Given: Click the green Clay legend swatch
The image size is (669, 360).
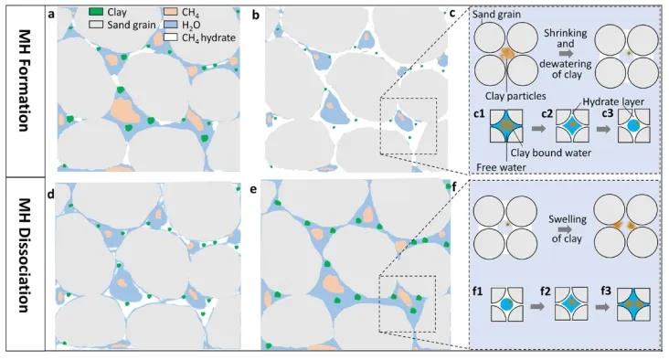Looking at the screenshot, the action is click(x=97, y=12).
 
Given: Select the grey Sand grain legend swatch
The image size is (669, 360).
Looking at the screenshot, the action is click(x=97, y=25).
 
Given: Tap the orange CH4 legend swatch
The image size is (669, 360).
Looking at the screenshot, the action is click(x=171, y=12).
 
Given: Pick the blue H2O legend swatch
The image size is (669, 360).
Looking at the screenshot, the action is click(x=171, y=25).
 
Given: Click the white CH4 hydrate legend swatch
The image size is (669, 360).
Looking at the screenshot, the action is click(x=171, y=37).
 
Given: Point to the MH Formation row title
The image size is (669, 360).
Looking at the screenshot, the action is click(x=25, y=80).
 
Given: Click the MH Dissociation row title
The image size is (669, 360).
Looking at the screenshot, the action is click(x=25, y=255).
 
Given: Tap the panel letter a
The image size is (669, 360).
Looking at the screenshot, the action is click(x=51, y=15).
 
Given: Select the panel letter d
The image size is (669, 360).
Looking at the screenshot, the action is click(x=51, y=194).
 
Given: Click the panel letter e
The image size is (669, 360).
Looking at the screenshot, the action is click(x=254, y=189).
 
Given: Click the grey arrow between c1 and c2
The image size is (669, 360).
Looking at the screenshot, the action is click(x=539, y=128).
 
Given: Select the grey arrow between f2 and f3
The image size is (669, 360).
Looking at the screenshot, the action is click(x=602, y=306).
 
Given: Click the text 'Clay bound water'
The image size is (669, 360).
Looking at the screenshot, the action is click(x=551, y=153).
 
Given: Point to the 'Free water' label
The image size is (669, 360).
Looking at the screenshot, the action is click(x=501, y=167).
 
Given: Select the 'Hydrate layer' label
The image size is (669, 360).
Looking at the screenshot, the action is click(x=613, y=102).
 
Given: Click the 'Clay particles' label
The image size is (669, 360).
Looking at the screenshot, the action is click(x=515, y=96).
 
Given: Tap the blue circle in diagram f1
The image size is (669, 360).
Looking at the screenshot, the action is click(x=506, y=304).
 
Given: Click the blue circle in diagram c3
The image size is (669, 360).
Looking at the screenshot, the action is click(x=633, y=126).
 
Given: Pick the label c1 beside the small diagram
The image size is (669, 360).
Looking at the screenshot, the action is click(x=480, y=114).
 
